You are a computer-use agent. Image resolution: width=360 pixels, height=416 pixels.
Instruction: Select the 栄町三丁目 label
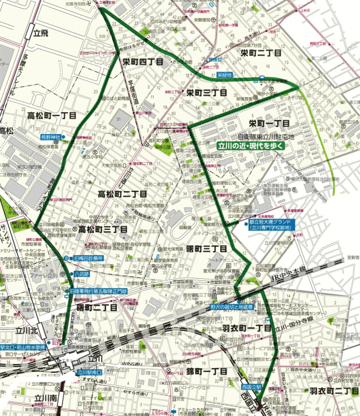207,92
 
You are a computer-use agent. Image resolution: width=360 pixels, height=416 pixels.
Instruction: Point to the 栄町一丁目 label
269,123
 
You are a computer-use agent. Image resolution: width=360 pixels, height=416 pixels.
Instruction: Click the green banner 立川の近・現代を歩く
250,146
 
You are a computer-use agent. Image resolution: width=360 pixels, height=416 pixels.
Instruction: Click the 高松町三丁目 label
103,229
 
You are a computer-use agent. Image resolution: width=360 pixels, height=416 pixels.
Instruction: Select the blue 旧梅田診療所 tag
87,258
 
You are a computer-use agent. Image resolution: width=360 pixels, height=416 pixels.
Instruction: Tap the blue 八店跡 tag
82,273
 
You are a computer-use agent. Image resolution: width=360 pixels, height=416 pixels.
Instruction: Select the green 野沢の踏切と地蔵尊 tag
231,307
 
